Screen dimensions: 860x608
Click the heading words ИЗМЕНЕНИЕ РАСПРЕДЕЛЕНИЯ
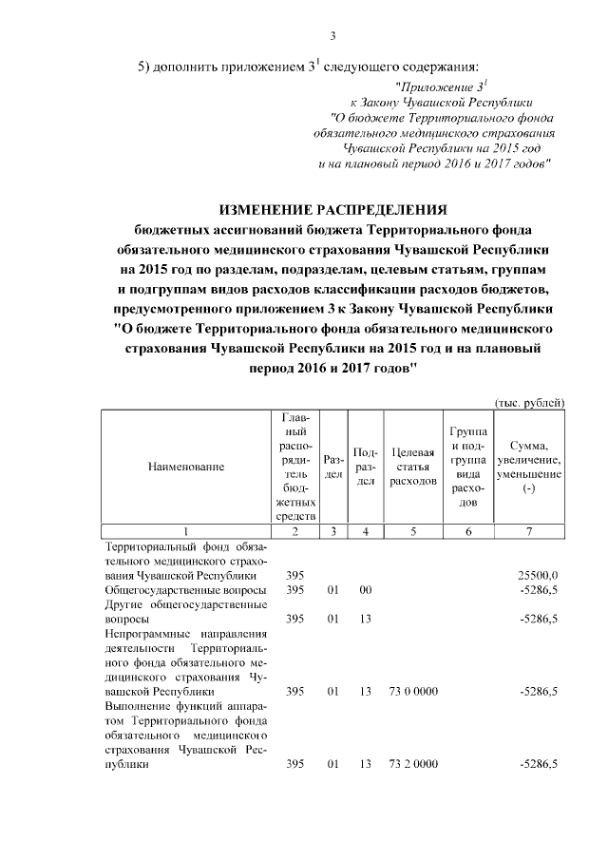click(332, 209)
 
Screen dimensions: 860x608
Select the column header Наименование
click(186, 467)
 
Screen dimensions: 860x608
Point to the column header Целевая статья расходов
click(413, 467)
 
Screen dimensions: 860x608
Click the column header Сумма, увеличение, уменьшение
click(535, 467)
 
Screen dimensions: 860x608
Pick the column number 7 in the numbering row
click(535, 531)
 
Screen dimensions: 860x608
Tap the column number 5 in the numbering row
click(413, 531)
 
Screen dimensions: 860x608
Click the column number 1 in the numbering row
click(186, 531)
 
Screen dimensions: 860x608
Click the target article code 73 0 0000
click(413, 692)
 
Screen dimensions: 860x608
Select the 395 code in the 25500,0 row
click(294, 576)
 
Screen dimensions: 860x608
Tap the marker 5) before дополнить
click(145, 67)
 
